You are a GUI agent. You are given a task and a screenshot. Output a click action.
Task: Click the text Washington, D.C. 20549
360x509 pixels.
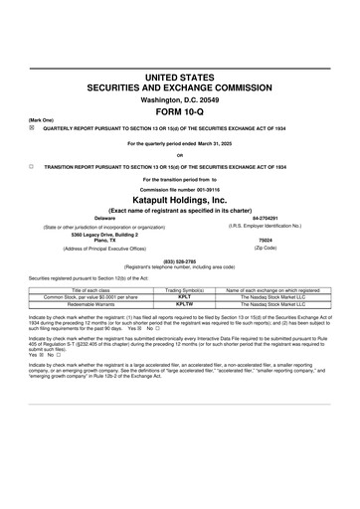pyautogui.click(x=180, y=99)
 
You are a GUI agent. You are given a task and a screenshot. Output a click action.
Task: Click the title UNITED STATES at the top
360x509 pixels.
pyautogui.click(x=180, y=77)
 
